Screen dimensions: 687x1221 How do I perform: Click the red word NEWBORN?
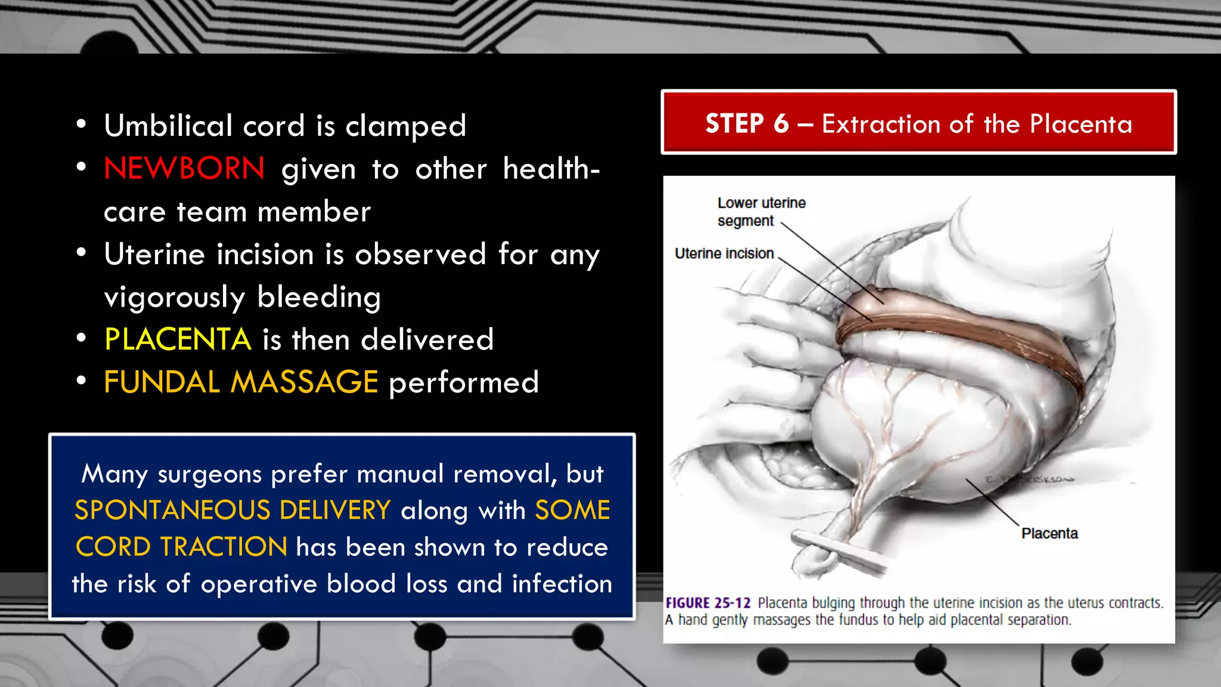tap(184, 169)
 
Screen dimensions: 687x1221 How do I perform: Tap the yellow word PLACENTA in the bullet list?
tap(178, 339)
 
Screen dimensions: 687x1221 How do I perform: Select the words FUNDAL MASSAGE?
tap(241, 382)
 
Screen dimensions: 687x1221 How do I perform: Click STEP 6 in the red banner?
tap(746, 123)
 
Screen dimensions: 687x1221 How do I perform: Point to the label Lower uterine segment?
tap(761, 212)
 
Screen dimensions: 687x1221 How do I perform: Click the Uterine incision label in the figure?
tap(724, 253)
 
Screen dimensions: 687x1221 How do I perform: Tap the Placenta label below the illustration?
tap(1049, 533)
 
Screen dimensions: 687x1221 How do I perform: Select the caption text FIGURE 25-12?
tap(708, 603)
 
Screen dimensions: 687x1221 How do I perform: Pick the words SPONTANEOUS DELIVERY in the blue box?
tap(233, 510)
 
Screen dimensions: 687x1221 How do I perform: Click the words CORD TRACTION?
tap(182, 547)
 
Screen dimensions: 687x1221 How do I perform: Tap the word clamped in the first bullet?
tap(405, 126)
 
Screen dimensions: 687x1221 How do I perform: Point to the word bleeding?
tap(319, 297)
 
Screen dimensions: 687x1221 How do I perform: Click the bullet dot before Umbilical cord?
tap(82, 125)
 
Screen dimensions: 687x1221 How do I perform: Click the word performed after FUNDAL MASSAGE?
tap(463, 382)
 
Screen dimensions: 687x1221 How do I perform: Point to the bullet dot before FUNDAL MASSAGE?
tap(82, 380)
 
